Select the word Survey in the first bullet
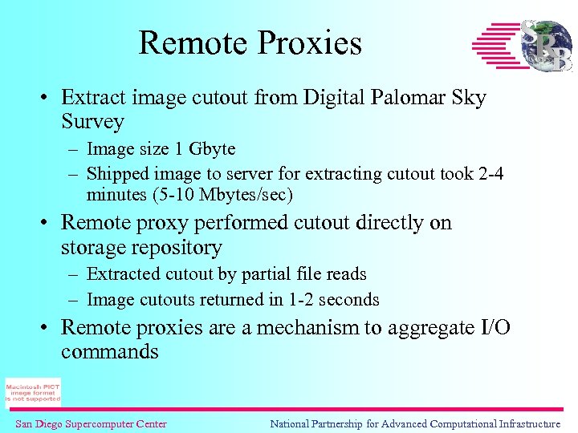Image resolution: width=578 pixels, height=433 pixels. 92,122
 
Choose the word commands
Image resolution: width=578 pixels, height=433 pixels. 110,352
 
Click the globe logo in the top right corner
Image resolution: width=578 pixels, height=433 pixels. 546,45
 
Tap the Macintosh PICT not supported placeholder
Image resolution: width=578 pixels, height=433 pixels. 33,392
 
